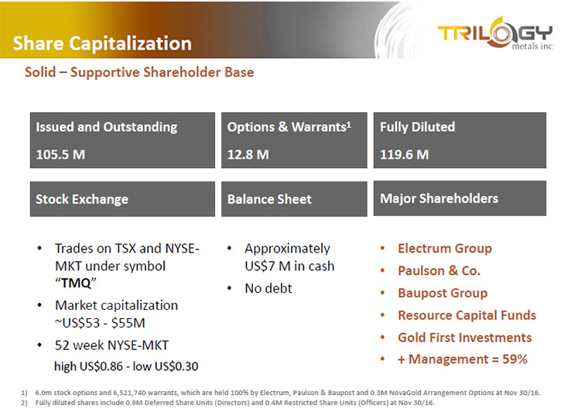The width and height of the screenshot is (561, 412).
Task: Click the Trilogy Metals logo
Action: click(495, 33)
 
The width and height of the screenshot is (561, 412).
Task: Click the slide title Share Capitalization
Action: click(102, 43)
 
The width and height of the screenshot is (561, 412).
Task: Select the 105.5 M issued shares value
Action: click(60, 155)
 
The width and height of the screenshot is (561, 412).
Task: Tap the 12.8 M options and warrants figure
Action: click(248, 155)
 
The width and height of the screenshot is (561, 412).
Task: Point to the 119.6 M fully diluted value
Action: click(404, 155)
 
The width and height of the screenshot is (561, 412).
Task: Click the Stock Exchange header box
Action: click(122, 199)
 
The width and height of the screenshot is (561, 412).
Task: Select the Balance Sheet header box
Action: click(294, 199)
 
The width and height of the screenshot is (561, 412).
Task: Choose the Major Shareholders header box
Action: click(460, 198)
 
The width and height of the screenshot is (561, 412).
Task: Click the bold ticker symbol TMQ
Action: click(76, 283)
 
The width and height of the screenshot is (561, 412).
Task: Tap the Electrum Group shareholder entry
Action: click(445, 249)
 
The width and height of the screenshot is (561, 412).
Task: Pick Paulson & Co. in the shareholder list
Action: click(439, 270)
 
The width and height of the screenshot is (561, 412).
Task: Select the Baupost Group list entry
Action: click(443, 293)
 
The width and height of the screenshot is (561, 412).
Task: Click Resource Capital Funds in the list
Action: click(467, 315)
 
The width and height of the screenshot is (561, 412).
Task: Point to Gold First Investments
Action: click(465, 337)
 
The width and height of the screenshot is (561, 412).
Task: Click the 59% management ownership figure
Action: click(515, 359)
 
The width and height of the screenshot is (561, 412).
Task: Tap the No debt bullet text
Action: click(269, 288)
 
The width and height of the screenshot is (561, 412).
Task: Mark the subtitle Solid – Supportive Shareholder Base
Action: click(139, 72)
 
